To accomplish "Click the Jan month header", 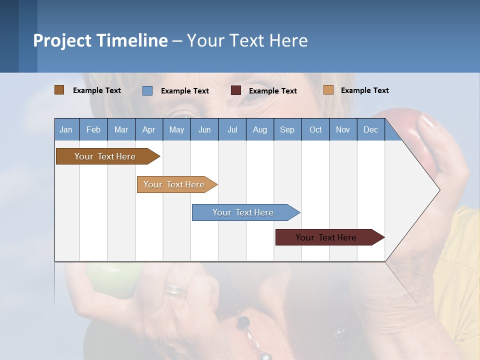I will [66, 129].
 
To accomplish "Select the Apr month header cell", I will [149, 129].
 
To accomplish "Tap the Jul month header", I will [232, 129].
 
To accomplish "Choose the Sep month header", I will [287, 129].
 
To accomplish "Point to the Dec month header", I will [370, 129].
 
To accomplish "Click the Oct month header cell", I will [315, 129].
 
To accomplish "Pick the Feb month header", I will [93, 129].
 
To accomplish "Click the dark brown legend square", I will [59, 90].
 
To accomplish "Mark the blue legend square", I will [147, 90].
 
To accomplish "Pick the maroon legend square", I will [235, 90].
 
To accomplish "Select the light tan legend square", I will [328, 90].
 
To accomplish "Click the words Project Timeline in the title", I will [100, 40].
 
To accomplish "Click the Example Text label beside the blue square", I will [184, 91].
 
